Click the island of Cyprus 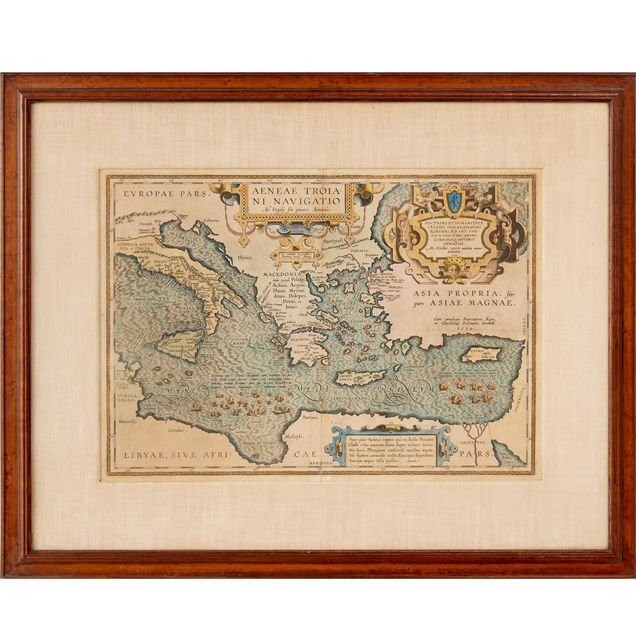coord(484,353)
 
